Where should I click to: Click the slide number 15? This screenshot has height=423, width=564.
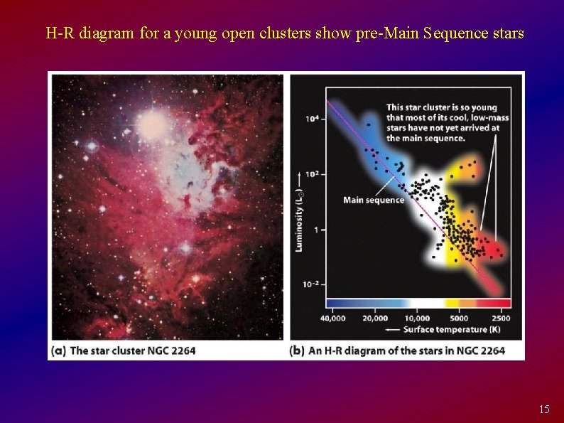pos(544,409)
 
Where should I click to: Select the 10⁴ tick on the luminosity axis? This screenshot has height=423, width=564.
pos(312,119)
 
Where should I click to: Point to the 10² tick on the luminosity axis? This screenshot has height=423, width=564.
pos(312,174)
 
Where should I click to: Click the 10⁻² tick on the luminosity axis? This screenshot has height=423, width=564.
pos(310,284)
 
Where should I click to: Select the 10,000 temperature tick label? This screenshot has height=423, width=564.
pos(417,318)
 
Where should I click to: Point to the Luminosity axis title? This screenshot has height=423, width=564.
pos(298,213)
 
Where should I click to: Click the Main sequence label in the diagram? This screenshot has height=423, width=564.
pos(373,200)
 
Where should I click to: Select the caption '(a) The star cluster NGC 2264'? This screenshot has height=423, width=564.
pos(123,350)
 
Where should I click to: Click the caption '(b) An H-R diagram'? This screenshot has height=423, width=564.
pos(397,350)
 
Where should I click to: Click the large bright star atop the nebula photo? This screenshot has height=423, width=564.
pos(152,126)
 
